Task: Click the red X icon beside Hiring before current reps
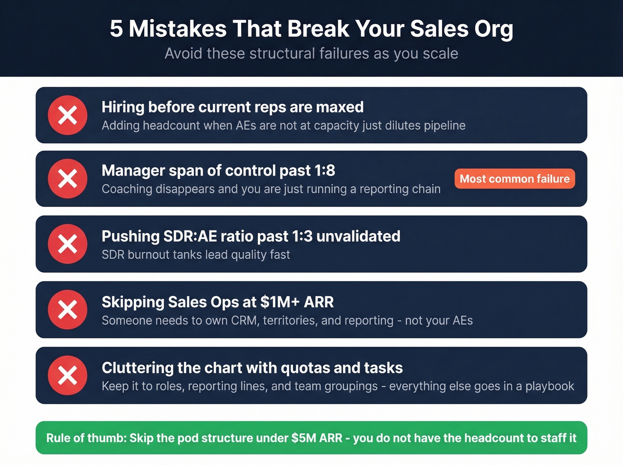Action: [x=68, y=115]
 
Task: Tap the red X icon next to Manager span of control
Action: [x=68, y=179]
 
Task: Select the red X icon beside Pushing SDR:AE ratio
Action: [x=68, y=244]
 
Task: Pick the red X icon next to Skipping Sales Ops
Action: [x=68, y=310]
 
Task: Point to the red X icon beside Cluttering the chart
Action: [x=68, y=376]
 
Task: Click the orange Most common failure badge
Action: [x=514, y=179]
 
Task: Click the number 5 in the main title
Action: [x=116, y=29]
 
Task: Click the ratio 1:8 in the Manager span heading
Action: [x=324, y=170]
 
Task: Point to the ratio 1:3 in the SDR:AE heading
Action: [x=302, y=236]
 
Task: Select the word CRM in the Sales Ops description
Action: [x=244, y=320]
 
